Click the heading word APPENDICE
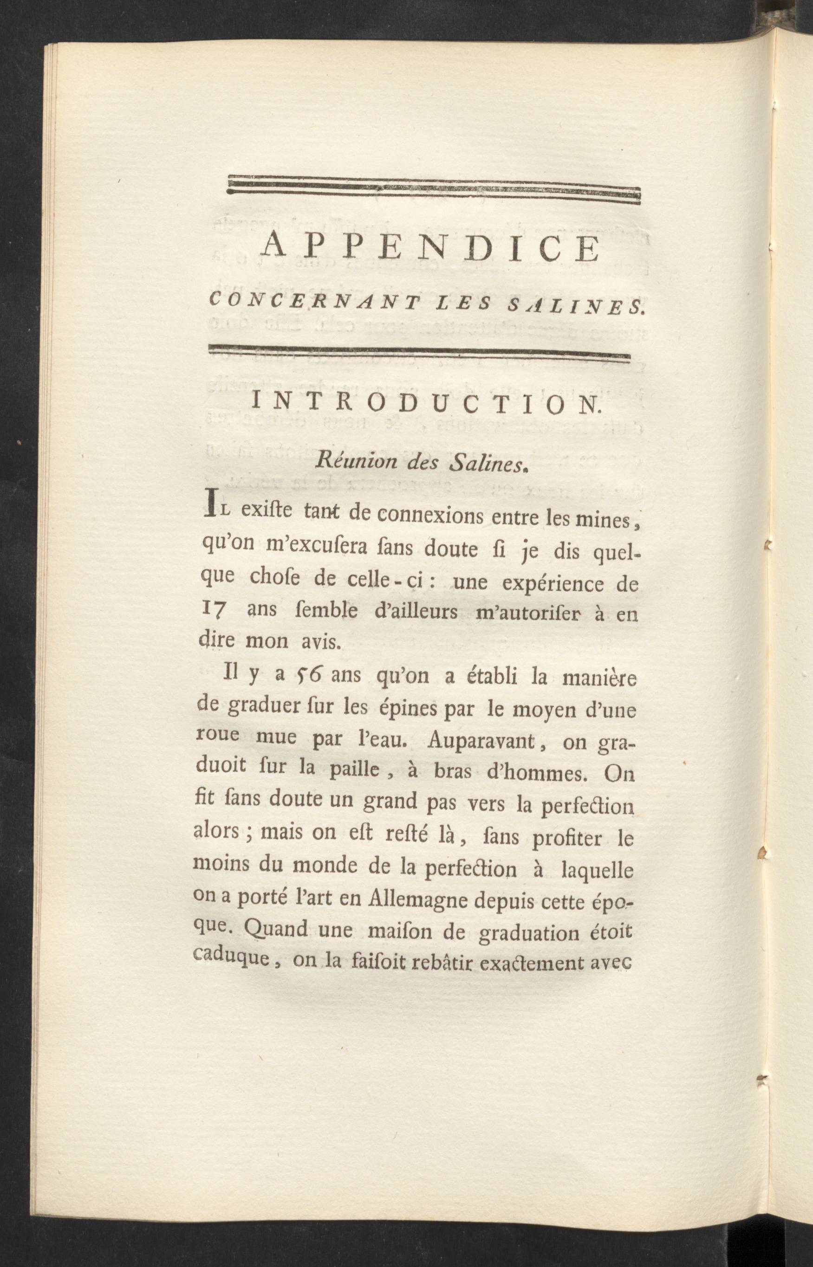[432, 250]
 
